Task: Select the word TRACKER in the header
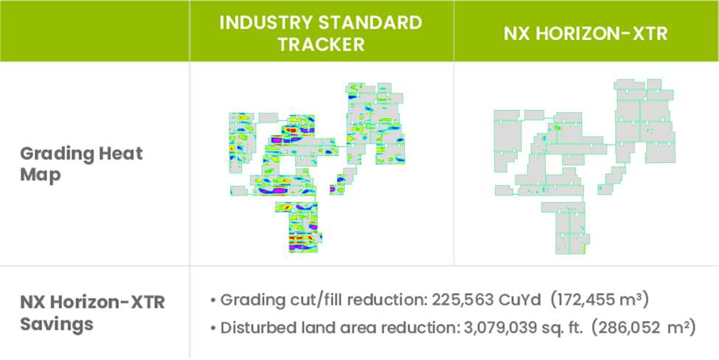[x=322, y=44]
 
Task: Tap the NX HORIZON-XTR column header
[x=586, y=34]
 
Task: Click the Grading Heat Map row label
[x=82, y=165]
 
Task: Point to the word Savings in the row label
[x=57, y=325]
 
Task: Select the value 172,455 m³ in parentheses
[x=599, y=300]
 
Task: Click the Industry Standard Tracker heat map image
[x=318, y=168]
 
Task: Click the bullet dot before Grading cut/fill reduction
[x=213, y=301]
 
